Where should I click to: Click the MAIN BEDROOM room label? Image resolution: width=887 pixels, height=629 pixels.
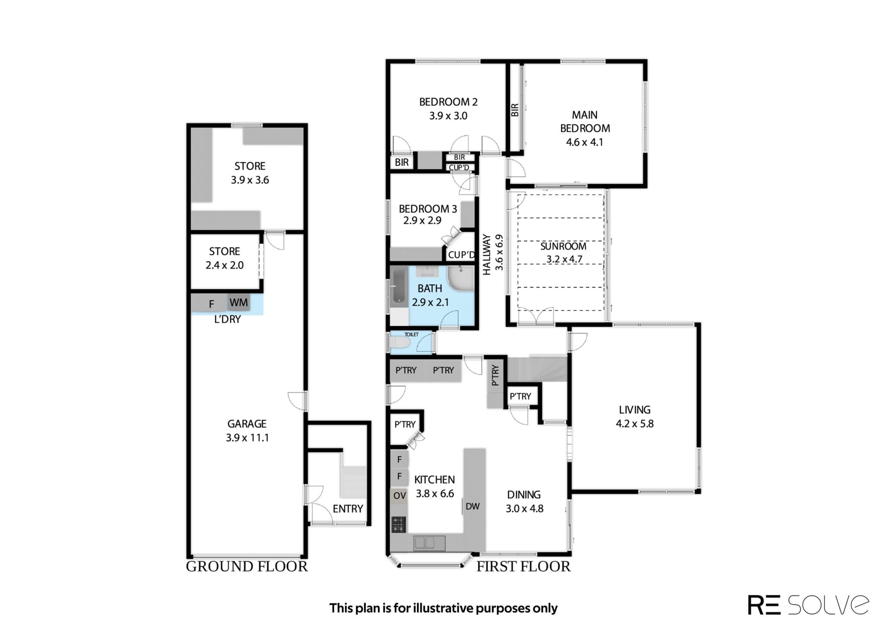coord(585,121)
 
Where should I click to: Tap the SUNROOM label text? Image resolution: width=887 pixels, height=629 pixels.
coord(563,246)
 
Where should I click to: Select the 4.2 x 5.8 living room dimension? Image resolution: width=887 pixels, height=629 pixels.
coord(634,424)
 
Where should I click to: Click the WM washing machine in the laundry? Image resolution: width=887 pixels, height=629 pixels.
coord(239,303)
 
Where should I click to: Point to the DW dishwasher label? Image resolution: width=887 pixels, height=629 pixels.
coord(473,506)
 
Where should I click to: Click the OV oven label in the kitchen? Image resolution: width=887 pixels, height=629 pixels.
coord(399,495)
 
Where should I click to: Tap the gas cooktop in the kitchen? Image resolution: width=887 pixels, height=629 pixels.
coord(398,525)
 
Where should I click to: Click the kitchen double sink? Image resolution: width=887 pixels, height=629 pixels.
coord(424,543)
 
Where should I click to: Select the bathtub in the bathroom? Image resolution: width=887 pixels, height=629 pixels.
coord(398,286)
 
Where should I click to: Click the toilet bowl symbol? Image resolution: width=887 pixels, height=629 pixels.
coord(399,343)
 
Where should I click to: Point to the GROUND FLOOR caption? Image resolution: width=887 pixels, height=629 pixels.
coord(246,567)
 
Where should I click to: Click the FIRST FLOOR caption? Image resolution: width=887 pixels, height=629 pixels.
coord(523,566)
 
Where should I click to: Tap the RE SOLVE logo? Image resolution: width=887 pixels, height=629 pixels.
coord(808,604)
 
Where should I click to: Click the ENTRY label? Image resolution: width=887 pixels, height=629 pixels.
coord(348,508)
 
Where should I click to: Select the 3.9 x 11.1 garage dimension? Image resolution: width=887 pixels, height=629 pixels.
coord(247,437)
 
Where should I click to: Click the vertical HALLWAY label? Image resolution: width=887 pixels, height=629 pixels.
coord(487,255)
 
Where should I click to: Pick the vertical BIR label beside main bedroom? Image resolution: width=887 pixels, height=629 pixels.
coord(515,110)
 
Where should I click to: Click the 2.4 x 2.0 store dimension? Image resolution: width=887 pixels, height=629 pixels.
coord(224,265)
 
